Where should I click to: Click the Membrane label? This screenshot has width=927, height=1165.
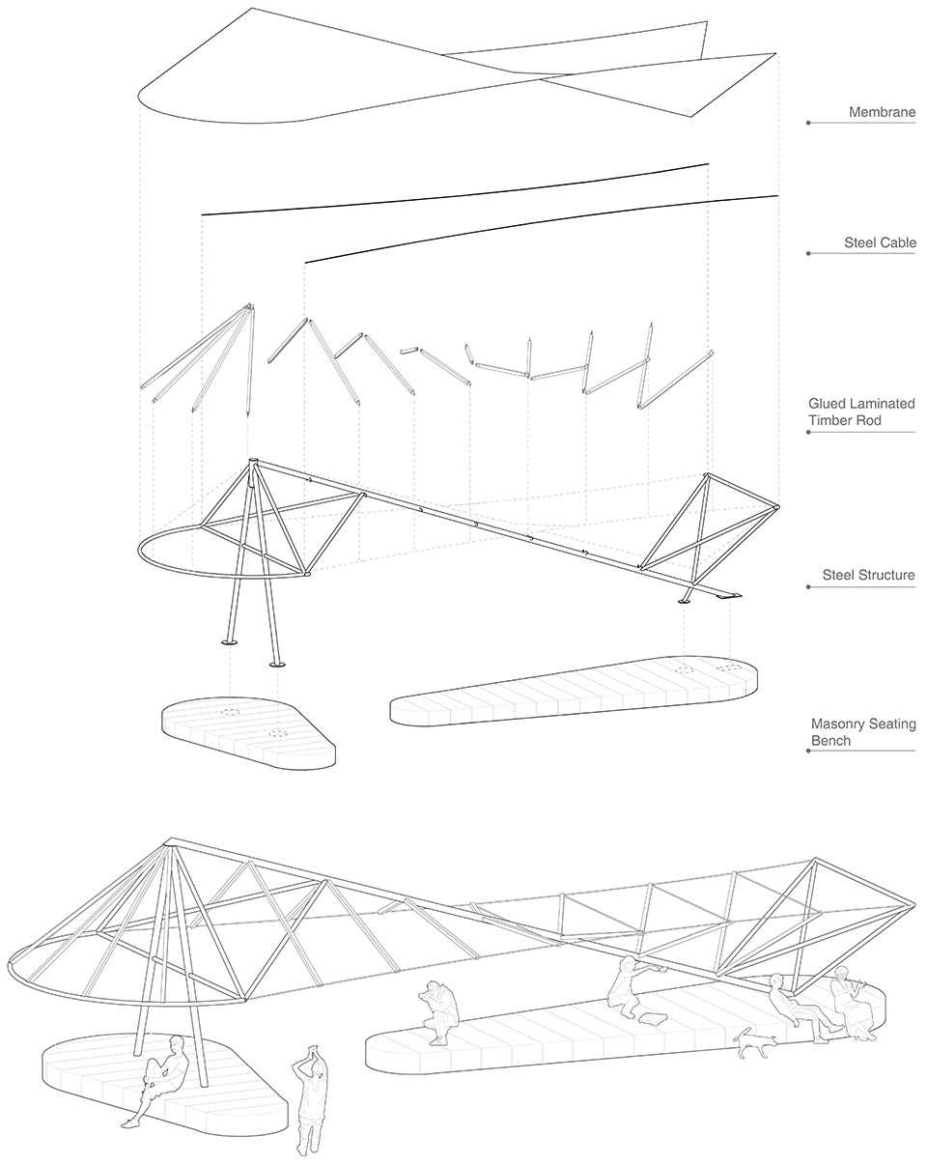tap(882, 113)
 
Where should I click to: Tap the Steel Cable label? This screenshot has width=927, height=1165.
tap(880, 243)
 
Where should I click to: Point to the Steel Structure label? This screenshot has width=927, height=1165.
tap(868, 576)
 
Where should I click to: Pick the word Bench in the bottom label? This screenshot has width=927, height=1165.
tap(830, 741)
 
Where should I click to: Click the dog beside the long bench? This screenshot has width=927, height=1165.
tap(754, 1042)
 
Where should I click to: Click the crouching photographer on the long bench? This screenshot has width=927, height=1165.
tap(436, 1010)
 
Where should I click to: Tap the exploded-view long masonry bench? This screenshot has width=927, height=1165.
tap(574, 691)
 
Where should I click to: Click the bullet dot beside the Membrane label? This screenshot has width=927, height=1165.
tap(808, 123)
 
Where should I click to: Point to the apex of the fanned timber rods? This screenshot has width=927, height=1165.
tap(250, 307)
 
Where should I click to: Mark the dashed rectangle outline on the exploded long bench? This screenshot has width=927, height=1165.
tap(729, 667)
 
